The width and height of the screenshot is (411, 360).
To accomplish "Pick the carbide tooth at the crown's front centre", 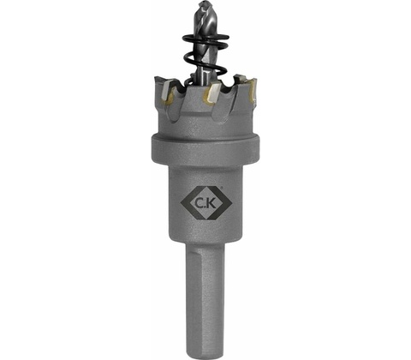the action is click(211, 93).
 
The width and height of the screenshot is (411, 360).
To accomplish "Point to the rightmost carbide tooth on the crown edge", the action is click(253, 92).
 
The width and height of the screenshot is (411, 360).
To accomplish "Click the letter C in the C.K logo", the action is click(199, 203).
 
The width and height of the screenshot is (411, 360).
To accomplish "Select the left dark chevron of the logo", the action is click(188, 203).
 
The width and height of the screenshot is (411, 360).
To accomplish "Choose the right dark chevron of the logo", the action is click(225, 203).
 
